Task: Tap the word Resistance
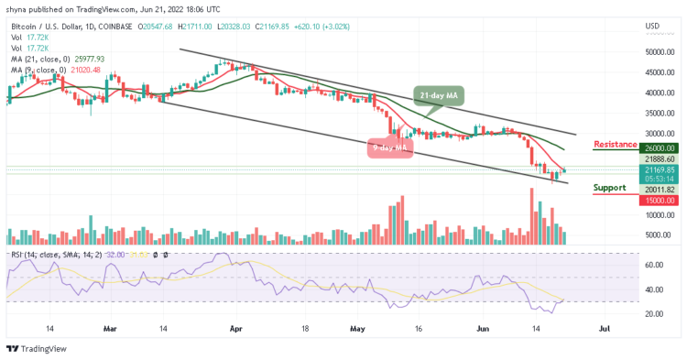point(615,144)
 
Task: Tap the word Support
point(610,187)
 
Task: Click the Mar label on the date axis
point(110,326)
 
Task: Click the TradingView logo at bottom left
point(37,348)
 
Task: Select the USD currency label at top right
point(652,25)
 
